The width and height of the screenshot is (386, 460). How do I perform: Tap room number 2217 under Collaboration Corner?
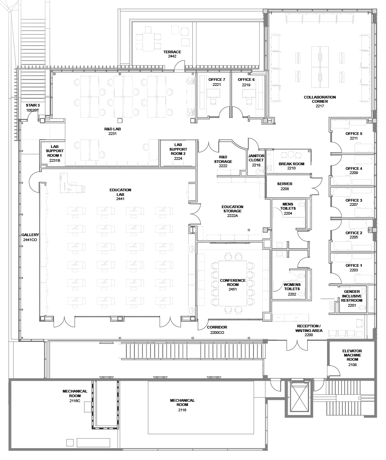pyautogui.click(x=320, y=106)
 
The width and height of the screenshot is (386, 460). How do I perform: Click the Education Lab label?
pyautogui.click(x=120, y=192)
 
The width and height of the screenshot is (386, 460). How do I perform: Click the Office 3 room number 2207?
pyautogui.click(x=353, y=205)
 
